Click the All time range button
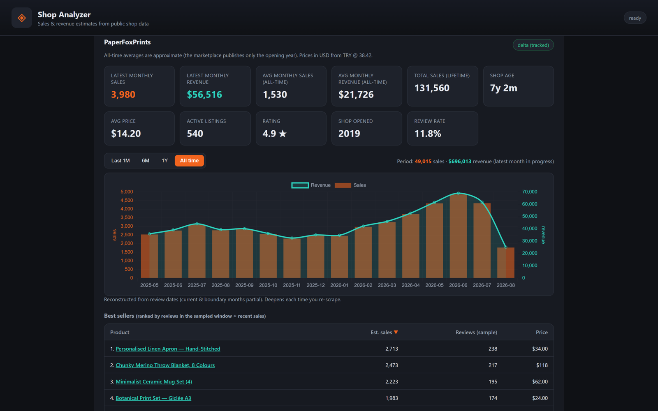pos(189,161)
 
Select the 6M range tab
pos(146,161)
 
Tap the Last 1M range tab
pos(120,161)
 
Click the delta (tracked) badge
pos(533,45)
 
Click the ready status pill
pos(635,18)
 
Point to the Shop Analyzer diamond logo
pos(22,18)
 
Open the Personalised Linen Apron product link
pos(168,349)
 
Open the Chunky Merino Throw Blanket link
pos(165,365)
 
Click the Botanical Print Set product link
pos(153,398)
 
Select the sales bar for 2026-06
pos(458,236)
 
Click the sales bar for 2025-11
pos(292,258)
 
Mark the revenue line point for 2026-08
pos(506,247)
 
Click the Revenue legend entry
pos(311,185)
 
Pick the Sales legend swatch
pos(343,185)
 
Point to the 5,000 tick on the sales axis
pos(127,192)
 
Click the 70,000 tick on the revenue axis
pos(530,192)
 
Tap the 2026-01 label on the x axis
pos(339,285)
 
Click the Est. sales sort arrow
pos(396,332)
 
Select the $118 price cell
pos(542,365)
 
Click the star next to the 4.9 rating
pos(283,134)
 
